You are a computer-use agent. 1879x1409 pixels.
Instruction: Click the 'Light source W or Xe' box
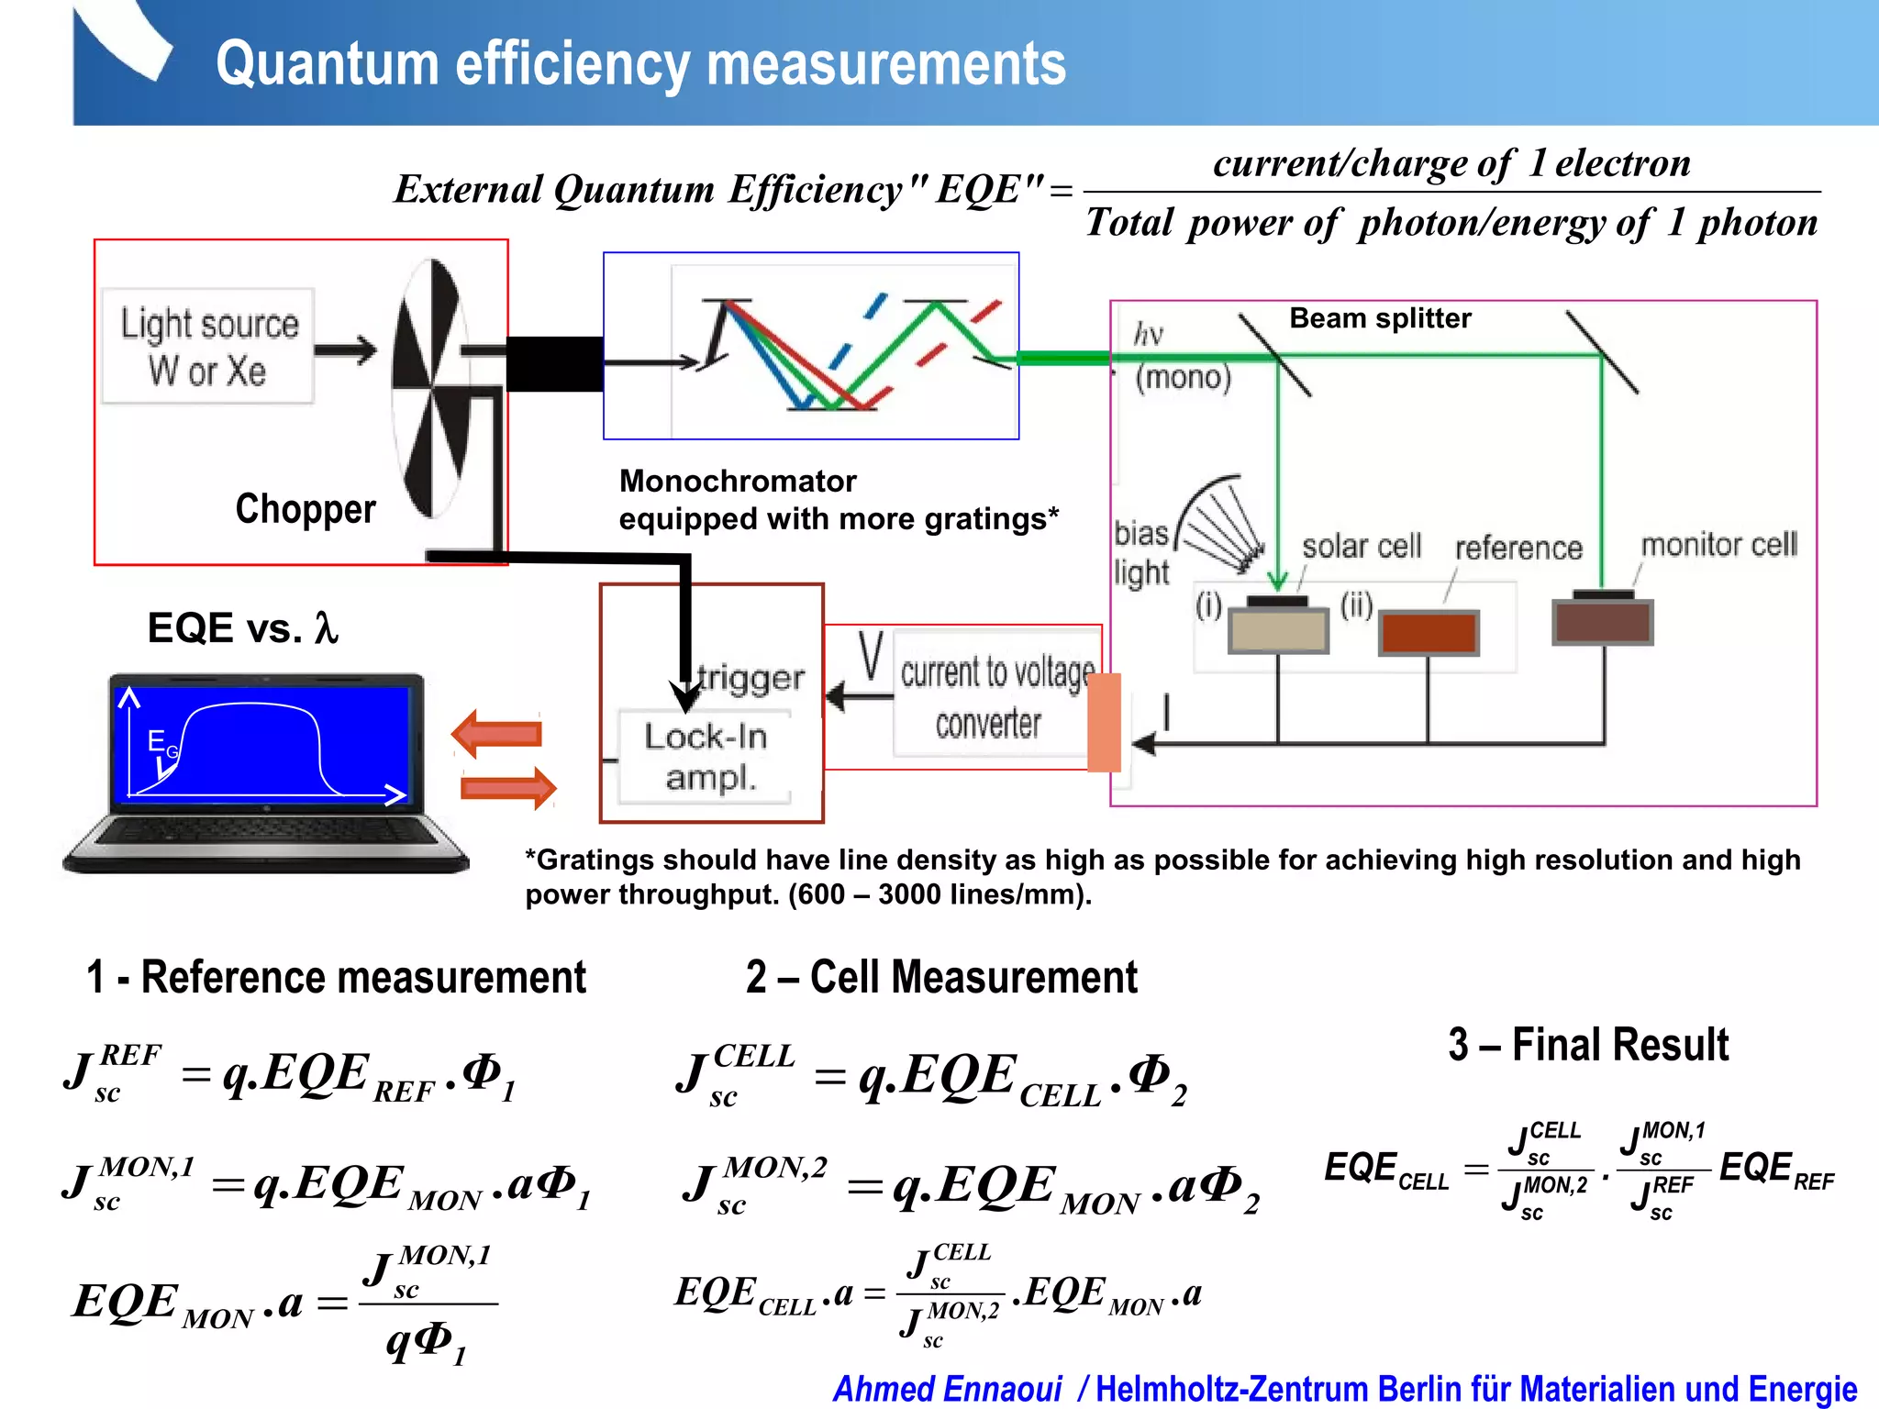pyautogui.click(x=208, y=347)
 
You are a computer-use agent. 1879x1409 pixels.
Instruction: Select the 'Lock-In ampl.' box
pyautogui.click(x=705, y=756)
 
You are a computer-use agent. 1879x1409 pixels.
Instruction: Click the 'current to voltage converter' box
pyautogui.click(x=995, y=695)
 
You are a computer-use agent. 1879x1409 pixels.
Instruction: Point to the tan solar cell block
pyautogui.click(x=1278, y=630)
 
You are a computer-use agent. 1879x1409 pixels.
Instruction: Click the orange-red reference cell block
pyautogui.click(x=1429, y=633)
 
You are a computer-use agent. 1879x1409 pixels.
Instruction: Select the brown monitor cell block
pyautogui.click(x=1603, y=621)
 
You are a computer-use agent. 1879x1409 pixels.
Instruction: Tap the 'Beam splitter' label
pyautogui.click(x=1380, y=318)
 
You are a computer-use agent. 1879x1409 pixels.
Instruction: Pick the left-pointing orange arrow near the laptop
pyautogui.click(x=497, y=734)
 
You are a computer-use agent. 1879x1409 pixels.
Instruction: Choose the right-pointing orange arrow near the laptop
pyautogui.click(x=507, y=787)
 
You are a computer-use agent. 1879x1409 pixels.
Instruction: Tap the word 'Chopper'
pyautogui.click(x=306, y=509)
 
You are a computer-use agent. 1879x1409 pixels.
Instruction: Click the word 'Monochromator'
pyautogui.click(x=738, y=481)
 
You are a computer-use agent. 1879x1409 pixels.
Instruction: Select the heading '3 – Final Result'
pyautogui.click(x=1588, y=1045)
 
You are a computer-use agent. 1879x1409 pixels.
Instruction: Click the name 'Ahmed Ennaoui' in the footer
pyautogui.click(x=947, y=1389)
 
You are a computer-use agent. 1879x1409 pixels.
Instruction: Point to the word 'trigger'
pyautogui.click(x=750, y=678)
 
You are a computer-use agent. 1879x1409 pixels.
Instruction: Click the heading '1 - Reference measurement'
pyautogui.click(x=336, y=977)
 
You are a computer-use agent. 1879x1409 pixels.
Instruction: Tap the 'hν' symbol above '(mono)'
pyautogui.click(x=1149, y=334)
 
